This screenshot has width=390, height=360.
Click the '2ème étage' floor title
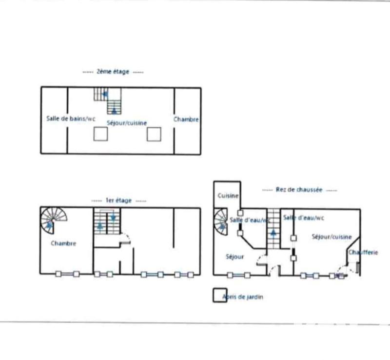click(113, 72)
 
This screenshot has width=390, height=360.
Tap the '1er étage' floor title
click(119, 200)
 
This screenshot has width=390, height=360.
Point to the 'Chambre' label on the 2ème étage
click(186, 119)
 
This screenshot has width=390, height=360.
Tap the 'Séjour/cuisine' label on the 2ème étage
click(127, 123)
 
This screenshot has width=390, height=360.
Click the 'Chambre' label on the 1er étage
click(63, 243)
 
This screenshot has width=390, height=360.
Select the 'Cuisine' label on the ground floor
click(228, 196)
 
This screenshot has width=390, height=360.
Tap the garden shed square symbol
click(219, 296)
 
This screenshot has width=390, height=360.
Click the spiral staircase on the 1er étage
click(52, 220)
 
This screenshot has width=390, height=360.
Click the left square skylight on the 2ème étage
click(100, 134)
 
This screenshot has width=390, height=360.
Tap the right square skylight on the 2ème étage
click(154, 134)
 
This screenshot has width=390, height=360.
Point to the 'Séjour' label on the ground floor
click(234, 257)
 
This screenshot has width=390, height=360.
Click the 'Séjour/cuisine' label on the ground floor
click(331, 237)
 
